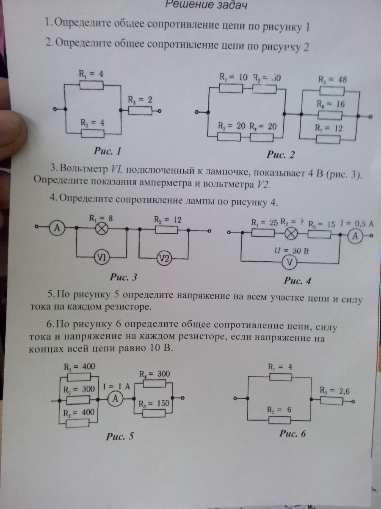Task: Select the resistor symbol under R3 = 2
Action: point(139,111)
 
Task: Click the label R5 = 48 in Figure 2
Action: point(331,80)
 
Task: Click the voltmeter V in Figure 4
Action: point(289,263)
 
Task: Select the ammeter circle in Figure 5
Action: point(114,399)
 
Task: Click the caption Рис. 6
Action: point(293,433)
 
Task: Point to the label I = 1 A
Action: point(116,386)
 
